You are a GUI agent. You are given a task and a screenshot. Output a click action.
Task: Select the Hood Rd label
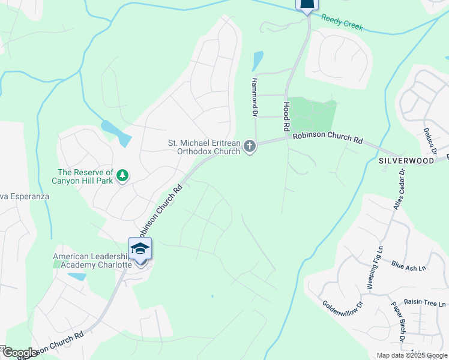(286, 116)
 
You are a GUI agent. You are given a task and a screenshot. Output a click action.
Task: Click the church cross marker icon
(250, 146)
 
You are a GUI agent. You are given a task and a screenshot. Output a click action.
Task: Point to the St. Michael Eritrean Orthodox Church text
(203, 147)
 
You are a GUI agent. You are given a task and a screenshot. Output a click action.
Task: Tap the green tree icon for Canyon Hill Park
(122, 175)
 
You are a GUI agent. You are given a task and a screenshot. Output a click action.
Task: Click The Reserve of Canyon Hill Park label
(85, 177)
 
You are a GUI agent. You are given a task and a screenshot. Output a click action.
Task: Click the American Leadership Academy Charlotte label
(92, 260)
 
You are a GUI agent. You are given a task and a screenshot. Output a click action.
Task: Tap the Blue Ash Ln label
(408, 265)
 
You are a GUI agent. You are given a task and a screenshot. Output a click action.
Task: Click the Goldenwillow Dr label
(342, 299)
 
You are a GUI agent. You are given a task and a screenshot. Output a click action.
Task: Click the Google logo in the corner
(19, 353)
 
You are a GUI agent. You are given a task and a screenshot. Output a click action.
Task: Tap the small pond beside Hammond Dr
(258, 61)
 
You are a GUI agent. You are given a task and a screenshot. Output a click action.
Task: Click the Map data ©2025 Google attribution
(412, 355)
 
